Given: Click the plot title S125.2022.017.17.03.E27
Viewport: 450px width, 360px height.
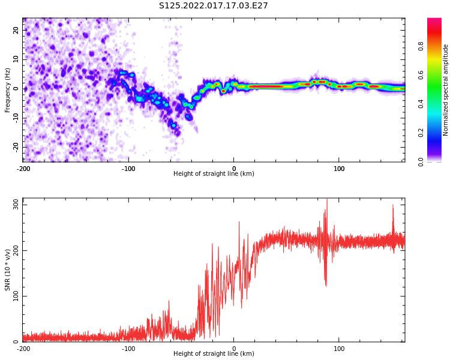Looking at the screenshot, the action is tap(213, 5).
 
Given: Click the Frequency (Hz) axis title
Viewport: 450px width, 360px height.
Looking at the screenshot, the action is tap(7, 90).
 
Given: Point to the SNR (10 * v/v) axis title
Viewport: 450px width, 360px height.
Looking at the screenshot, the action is tap(7, 270).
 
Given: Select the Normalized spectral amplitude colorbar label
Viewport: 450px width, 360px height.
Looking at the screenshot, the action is tap(445, 90).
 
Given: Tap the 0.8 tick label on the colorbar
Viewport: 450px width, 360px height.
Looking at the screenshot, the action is tap(421, 46).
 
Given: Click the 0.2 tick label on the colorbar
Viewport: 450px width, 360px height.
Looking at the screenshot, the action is tap(421, 133).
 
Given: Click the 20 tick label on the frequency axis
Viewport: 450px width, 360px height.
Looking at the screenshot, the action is tap(16, 30).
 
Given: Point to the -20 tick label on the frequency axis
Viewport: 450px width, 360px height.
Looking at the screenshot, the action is tap(16, 148).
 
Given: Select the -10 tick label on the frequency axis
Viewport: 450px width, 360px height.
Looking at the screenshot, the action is tap(16, 118).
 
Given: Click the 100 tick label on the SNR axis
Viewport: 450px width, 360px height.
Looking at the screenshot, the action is tap(16, 296).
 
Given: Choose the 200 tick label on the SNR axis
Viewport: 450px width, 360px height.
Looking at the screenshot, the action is tap(16, 250).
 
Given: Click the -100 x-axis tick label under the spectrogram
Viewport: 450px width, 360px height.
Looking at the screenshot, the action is tap(128, 169).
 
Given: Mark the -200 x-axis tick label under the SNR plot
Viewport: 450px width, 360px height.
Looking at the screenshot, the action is tap(23, 349).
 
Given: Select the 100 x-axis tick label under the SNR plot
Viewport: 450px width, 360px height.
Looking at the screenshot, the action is tap(339, 349).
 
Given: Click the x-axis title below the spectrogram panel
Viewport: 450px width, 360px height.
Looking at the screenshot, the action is tap(214, 173).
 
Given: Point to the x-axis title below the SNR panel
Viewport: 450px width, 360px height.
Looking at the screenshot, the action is tap(214, 353).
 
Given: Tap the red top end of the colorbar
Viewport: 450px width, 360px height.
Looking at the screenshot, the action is tap(434, 19).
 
